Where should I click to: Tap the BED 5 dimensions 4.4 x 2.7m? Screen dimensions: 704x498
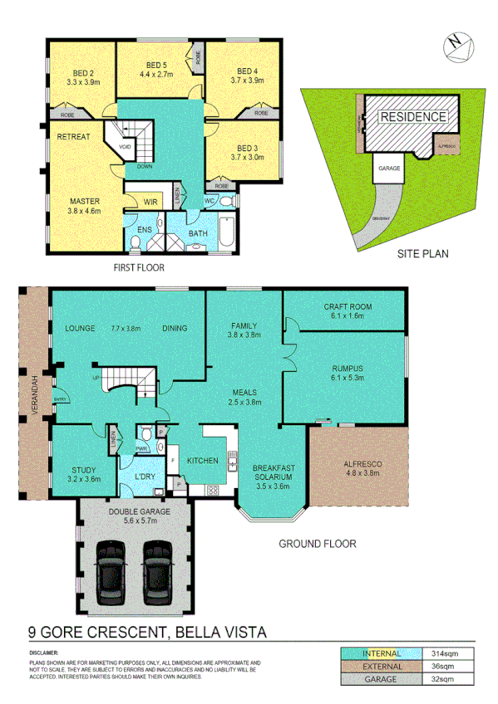(x=157, y=75)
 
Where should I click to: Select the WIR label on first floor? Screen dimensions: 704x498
(x=150, y=201)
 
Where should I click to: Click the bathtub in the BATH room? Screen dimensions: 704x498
(x=226, y=231)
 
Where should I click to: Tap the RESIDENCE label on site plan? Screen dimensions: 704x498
(x=412, y=116)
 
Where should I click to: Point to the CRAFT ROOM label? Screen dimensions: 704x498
(x=348, y=306)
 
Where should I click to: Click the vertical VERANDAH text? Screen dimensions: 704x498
(x=36, y=396)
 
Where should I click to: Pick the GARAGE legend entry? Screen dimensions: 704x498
(x=381, y=680)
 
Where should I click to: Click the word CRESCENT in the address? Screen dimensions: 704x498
(x=112, y=632)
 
